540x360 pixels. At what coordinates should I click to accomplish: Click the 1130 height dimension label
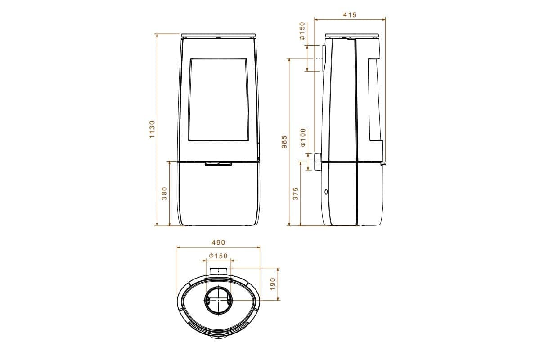(152, 129)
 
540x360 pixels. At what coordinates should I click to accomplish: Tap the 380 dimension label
(165, 193)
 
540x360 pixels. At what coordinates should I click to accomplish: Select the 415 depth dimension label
(350, 15)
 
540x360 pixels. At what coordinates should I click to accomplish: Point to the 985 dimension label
(284, 142)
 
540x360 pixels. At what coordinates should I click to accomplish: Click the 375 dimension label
(296, 193)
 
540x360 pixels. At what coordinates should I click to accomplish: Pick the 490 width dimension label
(218, 243)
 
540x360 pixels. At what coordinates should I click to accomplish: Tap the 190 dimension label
(273, 284)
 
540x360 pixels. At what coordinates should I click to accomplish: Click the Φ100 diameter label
(303, 137)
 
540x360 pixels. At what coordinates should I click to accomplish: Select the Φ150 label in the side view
(302, 31)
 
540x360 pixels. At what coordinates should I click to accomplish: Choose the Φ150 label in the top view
(218, 256)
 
